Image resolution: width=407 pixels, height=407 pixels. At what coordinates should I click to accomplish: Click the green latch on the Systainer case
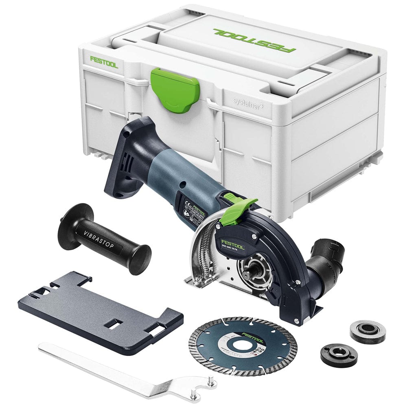(x=175, y=88)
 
